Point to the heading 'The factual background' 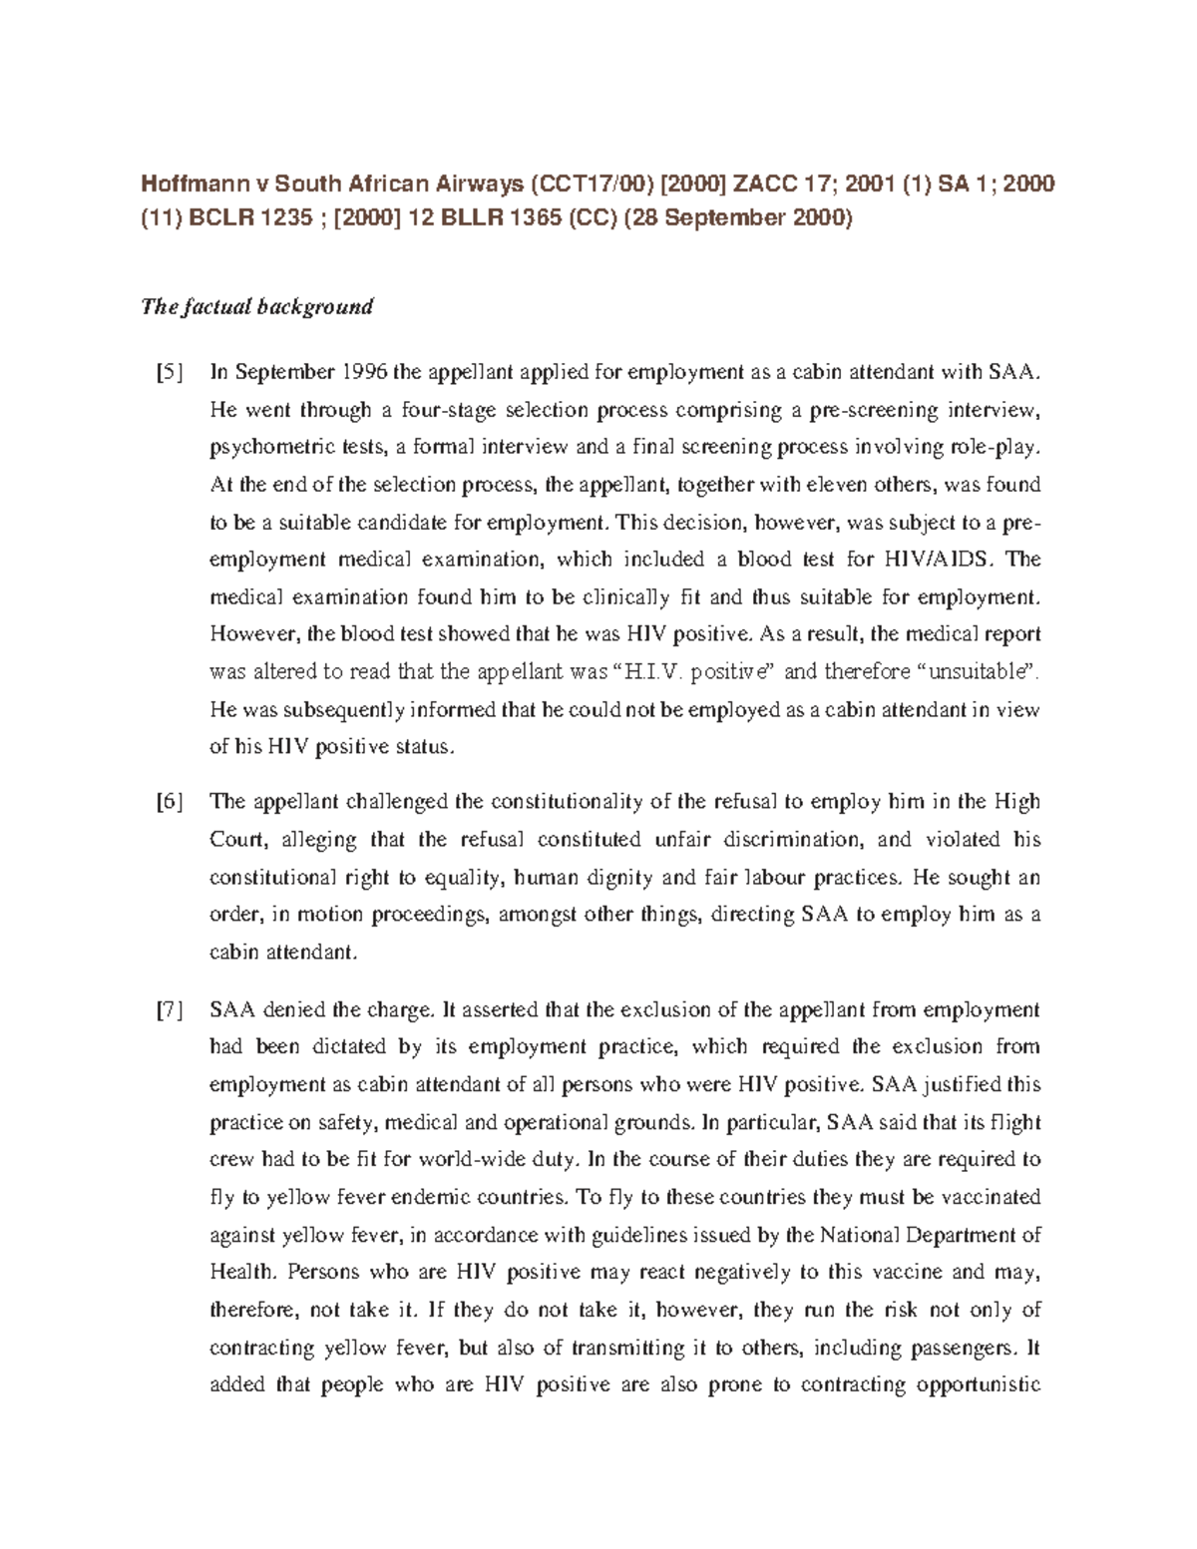point(257,306)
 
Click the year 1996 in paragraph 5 point(365,373)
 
